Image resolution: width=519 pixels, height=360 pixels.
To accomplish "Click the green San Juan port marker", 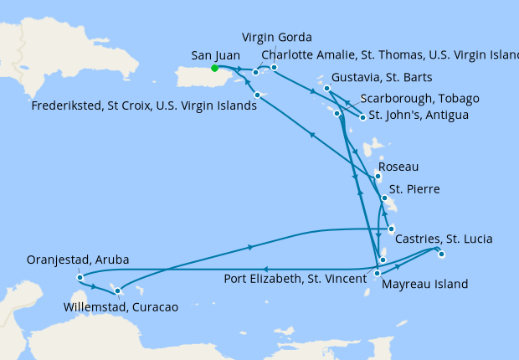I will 214,68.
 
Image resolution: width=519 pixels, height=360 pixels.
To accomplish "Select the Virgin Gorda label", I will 277,38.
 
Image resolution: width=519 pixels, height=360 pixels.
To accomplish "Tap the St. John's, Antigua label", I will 419,114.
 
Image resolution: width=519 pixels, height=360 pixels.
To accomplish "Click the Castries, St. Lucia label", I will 443,239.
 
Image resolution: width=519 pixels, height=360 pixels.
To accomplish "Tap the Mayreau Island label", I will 424,285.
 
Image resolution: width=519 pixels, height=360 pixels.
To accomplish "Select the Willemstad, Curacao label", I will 121,307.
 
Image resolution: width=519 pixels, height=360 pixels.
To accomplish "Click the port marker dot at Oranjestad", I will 78,277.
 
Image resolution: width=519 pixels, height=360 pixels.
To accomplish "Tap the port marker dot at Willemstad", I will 117,291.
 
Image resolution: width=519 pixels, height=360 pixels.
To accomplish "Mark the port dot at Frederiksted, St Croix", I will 257,95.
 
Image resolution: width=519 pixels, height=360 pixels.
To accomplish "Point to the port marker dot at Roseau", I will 378,176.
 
